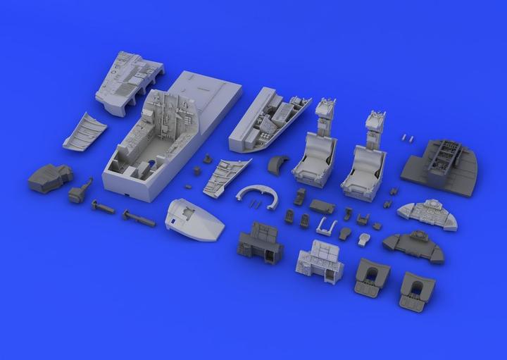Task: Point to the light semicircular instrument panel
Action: [427, 214]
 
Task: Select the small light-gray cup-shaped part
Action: [363, 239]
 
